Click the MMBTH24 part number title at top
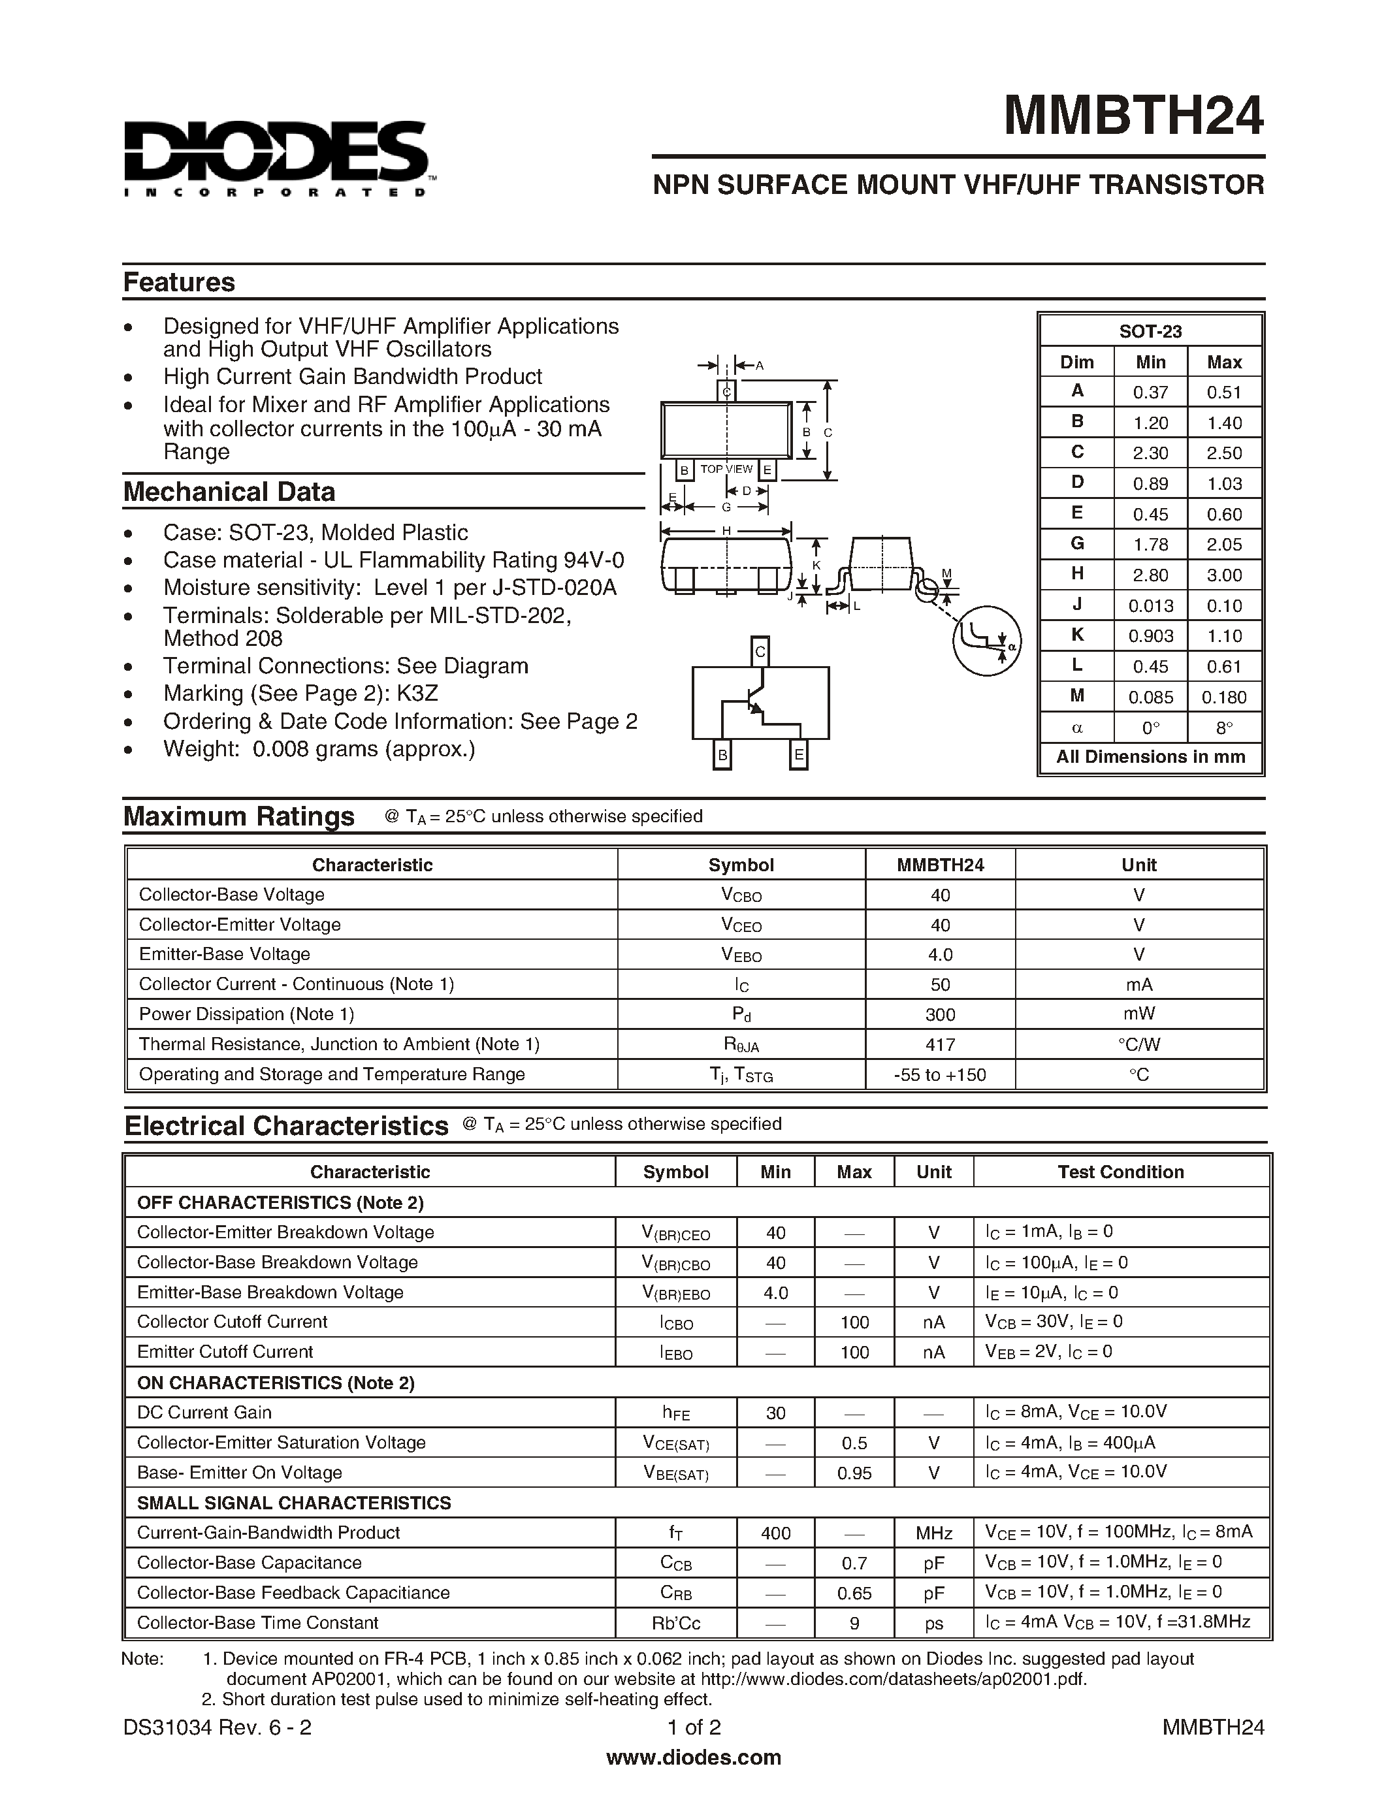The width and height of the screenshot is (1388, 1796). coord(1133,116)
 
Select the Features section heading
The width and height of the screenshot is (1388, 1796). coord(178,282)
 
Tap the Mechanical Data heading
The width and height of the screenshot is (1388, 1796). coord(229,492)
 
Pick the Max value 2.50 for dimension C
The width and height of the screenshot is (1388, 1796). coord(1223,453)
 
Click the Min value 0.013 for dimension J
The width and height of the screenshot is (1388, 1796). coord(1150,606)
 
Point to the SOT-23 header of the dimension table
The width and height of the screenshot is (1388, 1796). coord(1150,331)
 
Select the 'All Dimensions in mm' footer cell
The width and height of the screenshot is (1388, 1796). coord(1150,756)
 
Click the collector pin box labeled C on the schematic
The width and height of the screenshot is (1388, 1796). coord(760,652)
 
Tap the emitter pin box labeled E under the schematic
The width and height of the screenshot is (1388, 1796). coord(798,755)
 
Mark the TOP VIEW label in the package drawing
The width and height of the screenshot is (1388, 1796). coord(726,469)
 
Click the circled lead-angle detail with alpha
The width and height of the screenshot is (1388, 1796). coord(987,641)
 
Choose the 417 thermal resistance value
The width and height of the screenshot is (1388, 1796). coord(940,1044)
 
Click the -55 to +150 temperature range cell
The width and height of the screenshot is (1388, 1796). coord(940,1075)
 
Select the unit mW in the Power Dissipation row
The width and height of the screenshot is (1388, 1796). coord(1139,1014)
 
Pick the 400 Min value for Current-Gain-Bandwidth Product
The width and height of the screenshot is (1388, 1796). coord(775,1533)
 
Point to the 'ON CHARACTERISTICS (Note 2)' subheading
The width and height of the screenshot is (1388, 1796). coord(276,1383)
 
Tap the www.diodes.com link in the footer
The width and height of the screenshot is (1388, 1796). coord(693,1757)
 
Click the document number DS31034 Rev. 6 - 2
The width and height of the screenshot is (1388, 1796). coord(217,1727)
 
